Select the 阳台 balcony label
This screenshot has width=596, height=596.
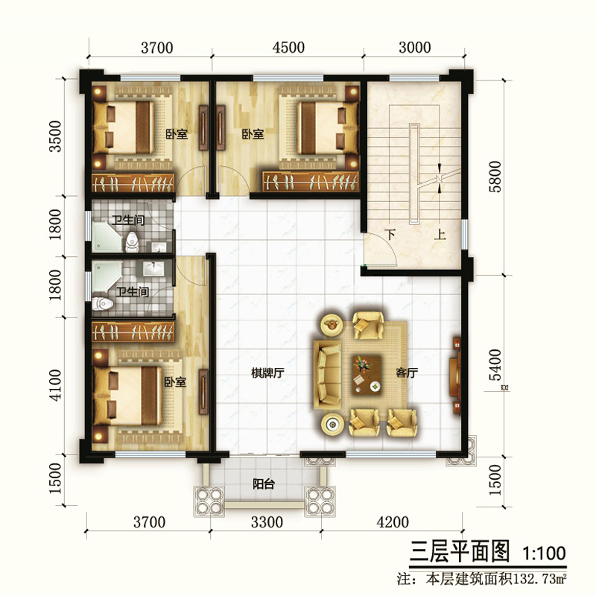[264, 484]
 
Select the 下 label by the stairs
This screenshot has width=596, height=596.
[390, 234]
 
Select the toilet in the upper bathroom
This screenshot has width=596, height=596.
[132, 241]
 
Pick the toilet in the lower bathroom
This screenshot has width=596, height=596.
[103, 304]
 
